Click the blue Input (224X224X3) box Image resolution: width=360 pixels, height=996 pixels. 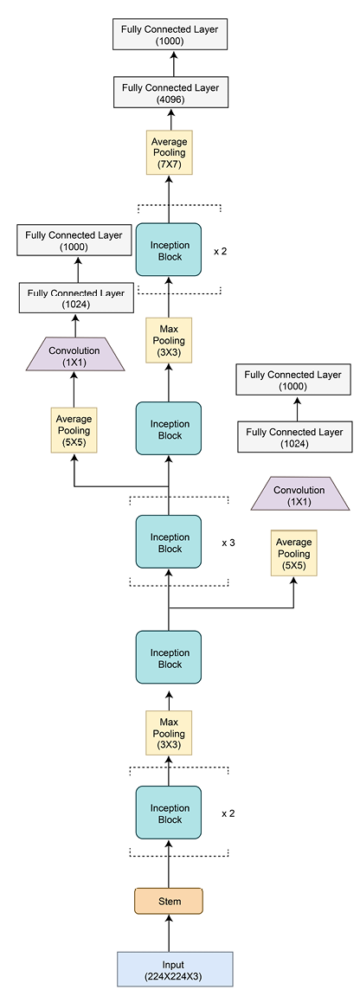tap(175, 969)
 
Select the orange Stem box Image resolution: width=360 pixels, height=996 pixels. tap(169, 901)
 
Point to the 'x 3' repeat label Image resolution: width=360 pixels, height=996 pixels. tap(228, 543)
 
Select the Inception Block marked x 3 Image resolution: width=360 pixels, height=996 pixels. tap(169, 543)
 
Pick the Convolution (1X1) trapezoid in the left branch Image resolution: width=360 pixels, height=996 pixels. tap(74, 357)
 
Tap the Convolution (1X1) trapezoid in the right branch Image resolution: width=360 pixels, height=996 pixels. tap(299, 496)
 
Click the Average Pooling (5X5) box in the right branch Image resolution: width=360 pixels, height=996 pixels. tap(293, 554)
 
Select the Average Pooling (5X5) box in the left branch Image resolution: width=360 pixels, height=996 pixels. tap(74, 430)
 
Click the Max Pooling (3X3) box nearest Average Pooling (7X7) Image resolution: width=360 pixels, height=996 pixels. tap(169, 341)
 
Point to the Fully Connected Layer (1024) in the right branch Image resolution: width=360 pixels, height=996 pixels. tap(293, 437)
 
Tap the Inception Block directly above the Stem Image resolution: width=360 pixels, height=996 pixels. tap(169, 813)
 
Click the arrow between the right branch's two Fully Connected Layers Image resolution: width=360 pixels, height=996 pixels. tap(293, 408)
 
